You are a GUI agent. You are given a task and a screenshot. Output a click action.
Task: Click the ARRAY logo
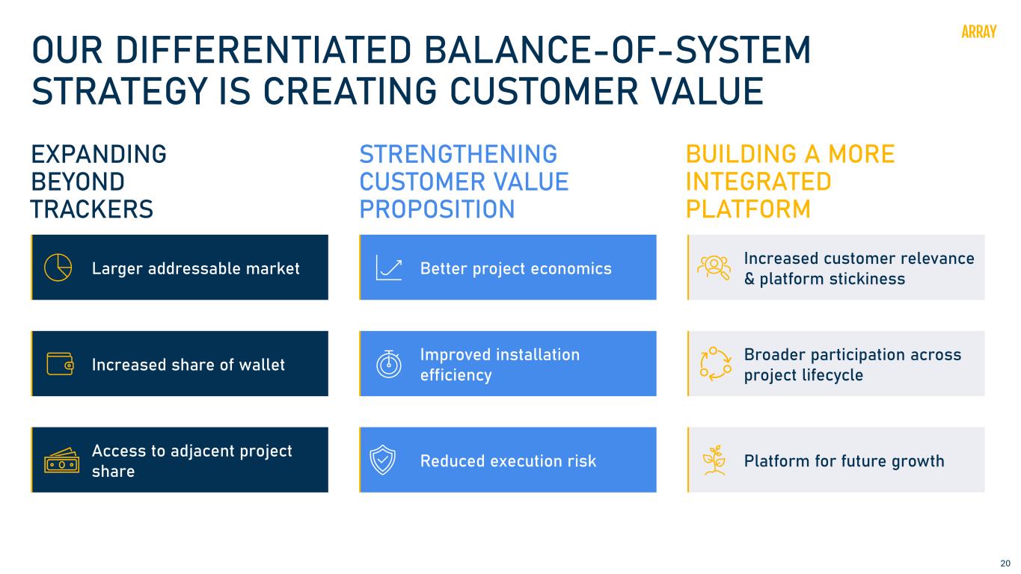click(x=978, y=32)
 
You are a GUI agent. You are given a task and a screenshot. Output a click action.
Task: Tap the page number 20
click(x=1005, y=564)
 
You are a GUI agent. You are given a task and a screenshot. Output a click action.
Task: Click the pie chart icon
click(x=58, y=268)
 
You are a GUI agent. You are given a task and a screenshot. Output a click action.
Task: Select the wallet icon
click(x=60, y=364)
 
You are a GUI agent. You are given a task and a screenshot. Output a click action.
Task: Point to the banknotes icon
click(x=61, y=460)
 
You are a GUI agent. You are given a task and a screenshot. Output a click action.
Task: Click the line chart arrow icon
click(x=389, y=268)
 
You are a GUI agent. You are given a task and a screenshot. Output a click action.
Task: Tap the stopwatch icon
click(x=389, y=364)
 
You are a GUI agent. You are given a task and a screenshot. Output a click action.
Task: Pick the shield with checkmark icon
click(x=382, y=460)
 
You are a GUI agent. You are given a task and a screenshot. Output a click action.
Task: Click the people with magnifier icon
click(x=714, y=268)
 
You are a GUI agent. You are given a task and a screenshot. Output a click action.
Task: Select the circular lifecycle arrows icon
click(x=716, y=364)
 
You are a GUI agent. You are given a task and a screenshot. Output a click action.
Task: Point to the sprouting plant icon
click(x=714, y=460)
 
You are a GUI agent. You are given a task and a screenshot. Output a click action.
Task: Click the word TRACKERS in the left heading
click(x=91, y=209)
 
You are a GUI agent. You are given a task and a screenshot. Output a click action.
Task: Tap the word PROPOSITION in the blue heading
click(x=437, y=209)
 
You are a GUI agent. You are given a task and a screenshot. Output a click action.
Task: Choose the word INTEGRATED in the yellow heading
click(x=758, y=182)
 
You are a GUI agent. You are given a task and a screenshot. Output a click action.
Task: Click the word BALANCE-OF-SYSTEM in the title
click(x=618, y=50)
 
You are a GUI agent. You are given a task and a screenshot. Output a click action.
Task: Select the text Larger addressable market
click(x=195, y=269)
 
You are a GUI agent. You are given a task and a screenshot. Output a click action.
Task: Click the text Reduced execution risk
click(x=508, y=461)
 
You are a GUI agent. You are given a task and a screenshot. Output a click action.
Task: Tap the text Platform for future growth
click(x=844, y=461)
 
